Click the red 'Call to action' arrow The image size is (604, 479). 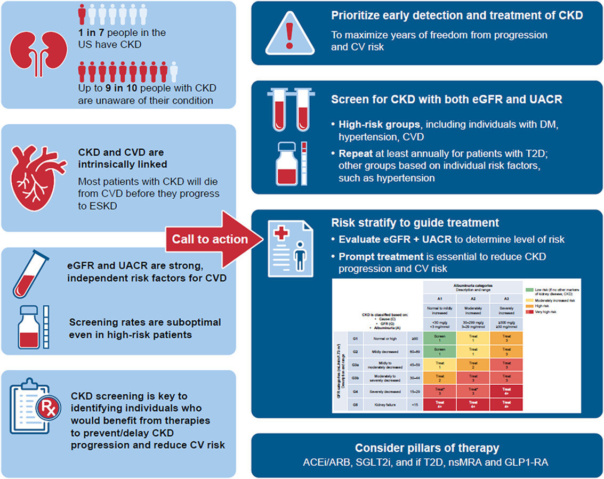pos(213,239)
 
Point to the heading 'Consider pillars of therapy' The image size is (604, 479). pos(427,448)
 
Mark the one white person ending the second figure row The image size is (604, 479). pos(173,71)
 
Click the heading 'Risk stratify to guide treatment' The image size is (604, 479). pos(415,223)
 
